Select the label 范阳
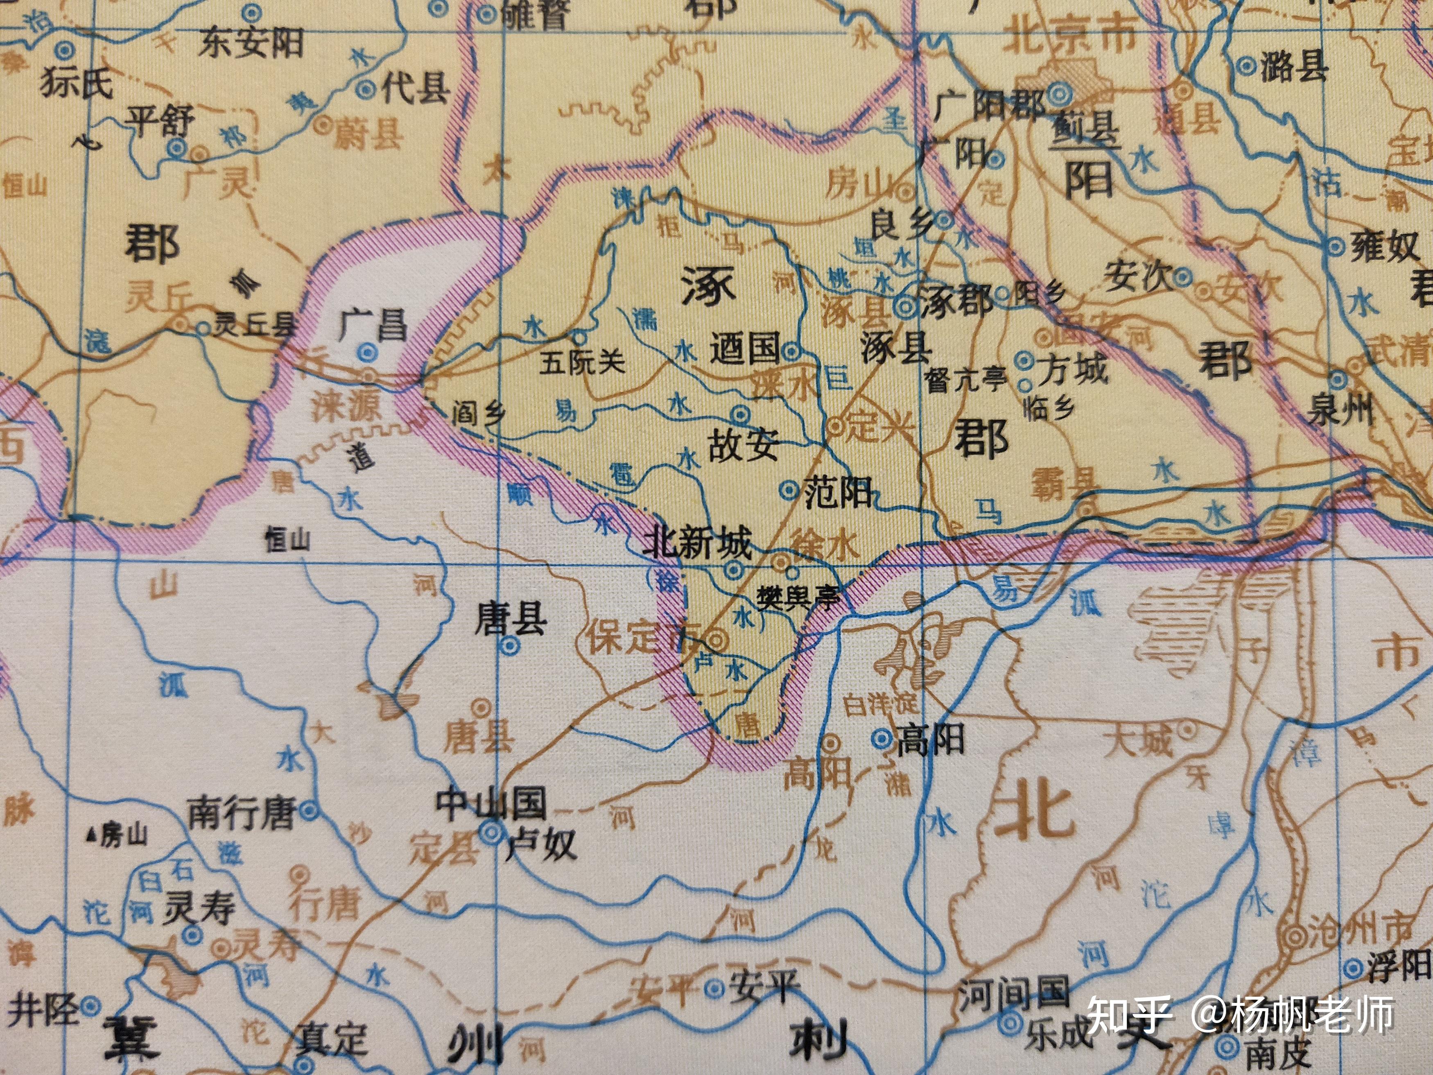coord(838,493)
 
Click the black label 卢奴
coord(540,845)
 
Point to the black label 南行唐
coord(241,812)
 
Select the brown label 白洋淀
coord(880,704)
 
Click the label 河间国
coord(1013,995)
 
